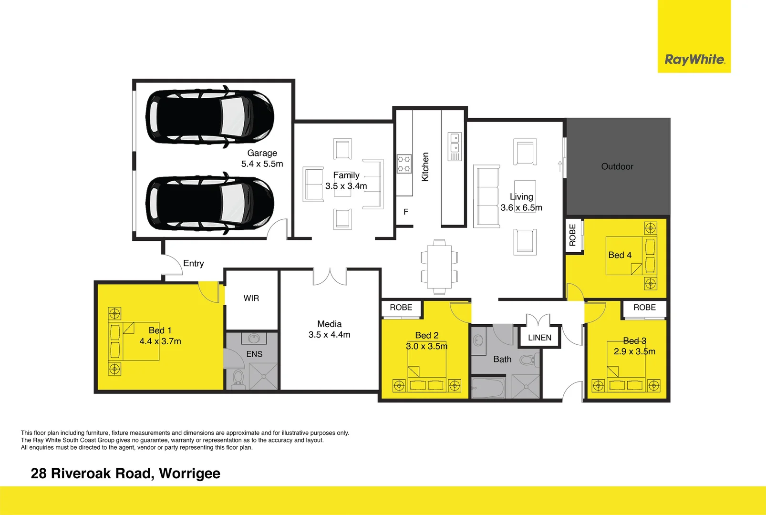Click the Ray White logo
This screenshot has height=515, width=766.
click(x=694, y=60)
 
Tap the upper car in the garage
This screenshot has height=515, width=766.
click(x=209, y=116)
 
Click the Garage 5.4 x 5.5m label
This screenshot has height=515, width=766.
click(x=262, y=158)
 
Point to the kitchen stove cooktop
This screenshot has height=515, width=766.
click(x=404, y=164)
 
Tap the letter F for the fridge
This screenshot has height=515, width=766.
click(x=406, y=212)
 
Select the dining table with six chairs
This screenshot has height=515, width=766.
click(x=439, y=267)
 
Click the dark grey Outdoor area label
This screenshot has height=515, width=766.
click(x=617, y=166)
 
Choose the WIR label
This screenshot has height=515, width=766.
click(x=251, y=298)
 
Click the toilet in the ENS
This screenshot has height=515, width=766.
click(x=238, y=379)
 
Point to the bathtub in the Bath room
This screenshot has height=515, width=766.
click(x=487, y=387)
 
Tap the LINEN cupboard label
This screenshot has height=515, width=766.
click(x=539, y=338)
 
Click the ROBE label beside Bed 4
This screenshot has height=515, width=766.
click(x=573, y=235)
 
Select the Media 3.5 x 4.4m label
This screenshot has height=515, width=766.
click(x=329, y=330)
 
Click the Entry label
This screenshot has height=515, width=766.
click(x=193, y=263)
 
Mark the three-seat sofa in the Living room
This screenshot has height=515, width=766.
click(x=486, y=196)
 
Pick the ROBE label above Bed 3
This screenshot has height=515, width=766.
click(x=644, y=308)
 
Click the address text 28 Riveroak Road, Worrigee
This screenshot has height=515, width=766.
click(x=125, y=473)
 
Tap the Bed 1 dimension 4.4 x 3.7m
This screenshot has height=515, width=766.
click(x=160, y=341)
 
